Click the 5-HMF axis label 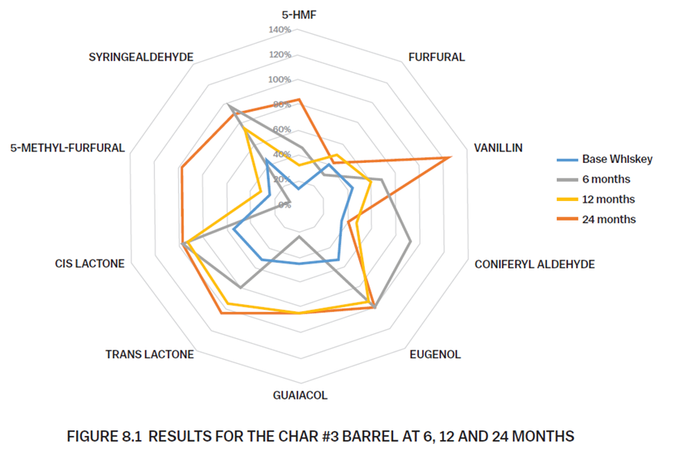click(x=298, y=15)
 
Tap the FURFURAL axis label click(x=437, y=58)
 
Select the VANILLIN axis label click(x=498, y=148)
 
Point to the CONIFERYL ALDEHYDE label click(x=535, y=264)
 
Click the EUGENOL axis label click(x=435, y=354)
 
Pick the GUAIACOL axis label click(x=300, y=396)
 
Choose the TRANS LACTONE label click(x=150, y=354)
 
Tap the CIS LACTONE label click(x=90, y=263)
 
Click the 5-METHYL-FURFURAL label click(x=68, y=148)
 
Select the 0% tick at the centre click(x=285, y=205)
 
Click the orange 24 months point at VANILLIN click(x=448, y=157)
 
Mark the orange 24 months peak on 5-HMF click(x=299, y=100)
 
